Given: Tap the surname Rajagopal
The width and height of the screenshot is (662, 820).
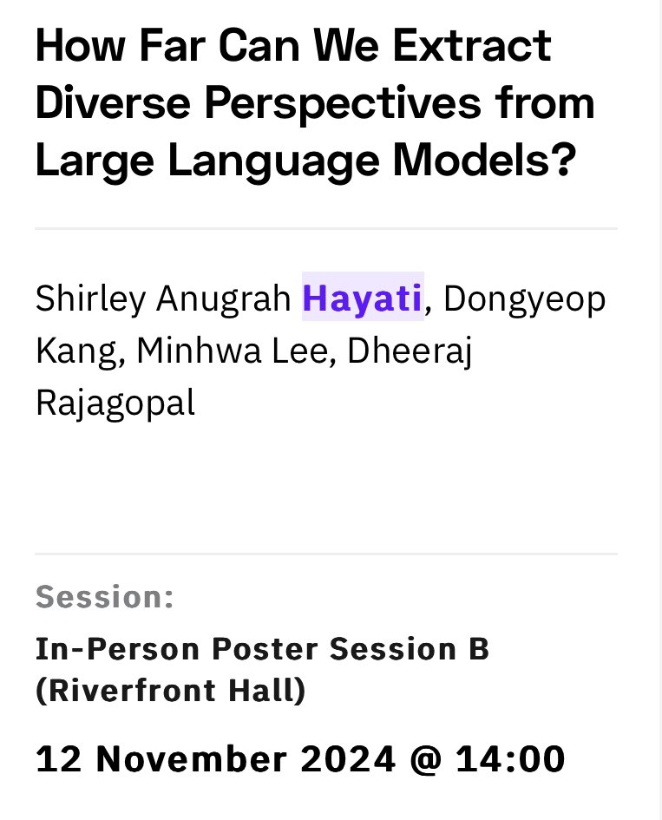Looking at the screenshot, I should point(115,403).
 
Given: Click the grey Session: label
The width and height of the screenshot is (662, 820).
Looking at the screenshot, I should point(104,598).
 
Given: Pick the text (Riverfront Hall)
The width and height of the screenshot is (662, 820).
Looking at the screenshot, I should point(170,692).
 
